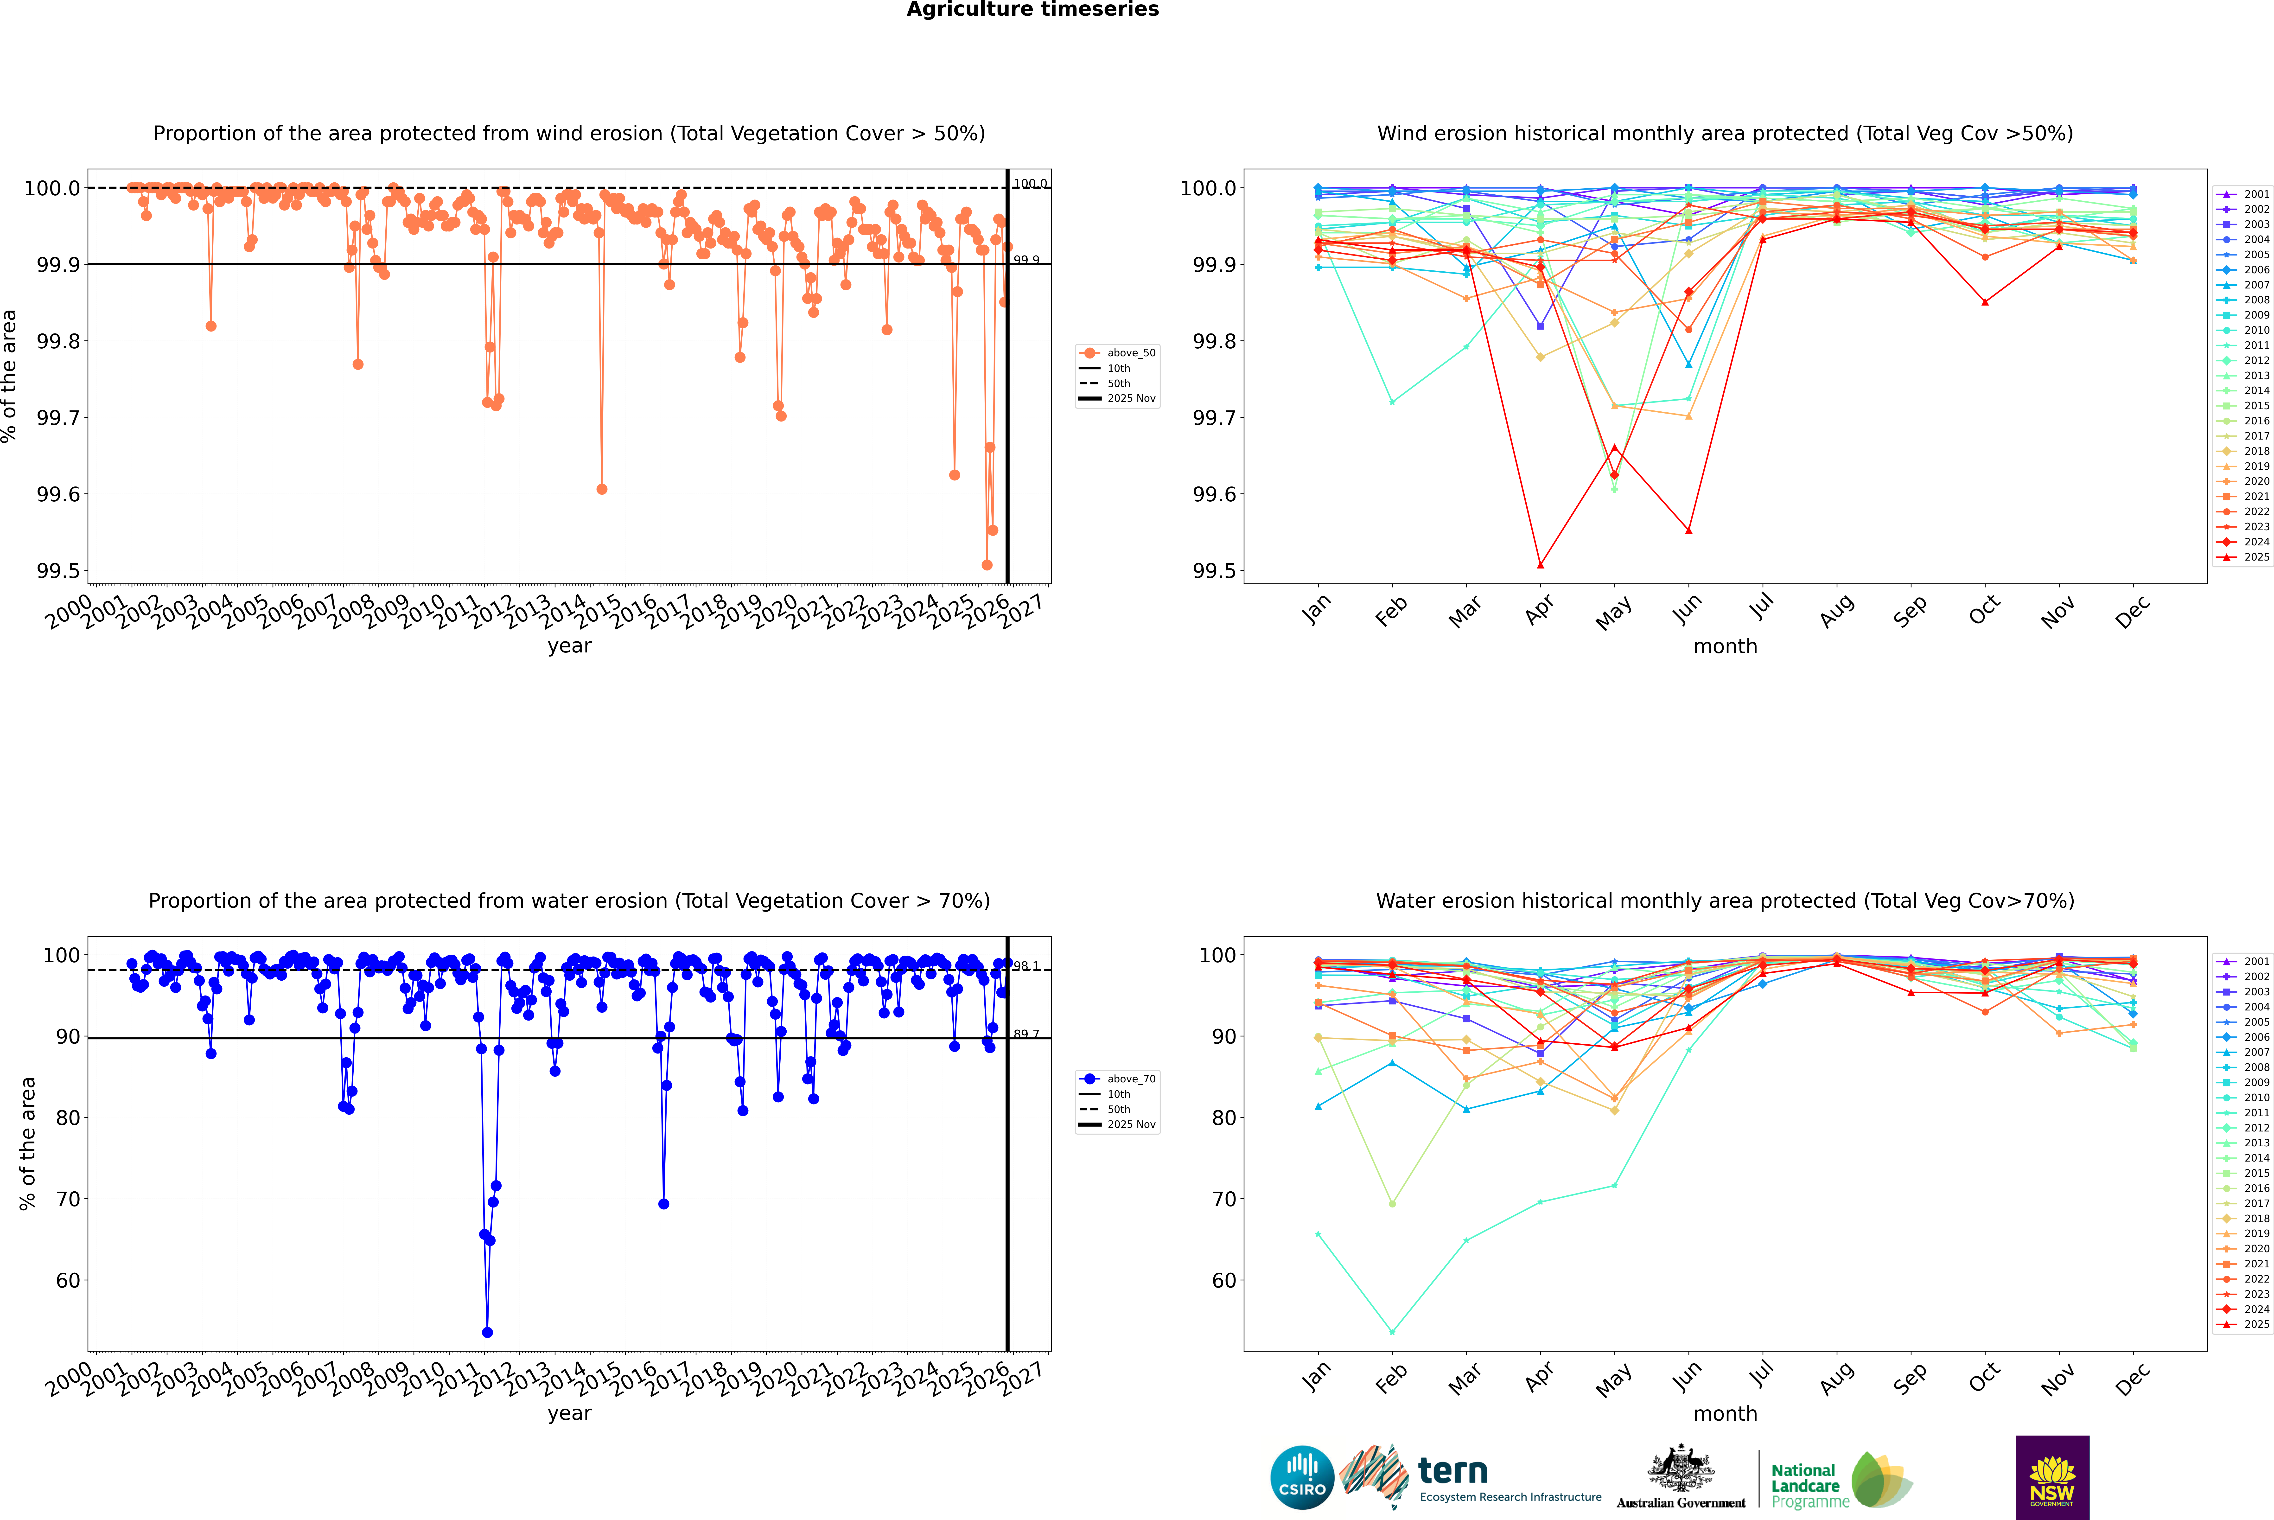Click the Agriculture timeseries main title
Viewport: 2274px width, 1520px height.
[x=1032, y=10]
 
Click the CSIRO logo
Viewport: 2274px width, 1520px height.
[x=1302, y=1477]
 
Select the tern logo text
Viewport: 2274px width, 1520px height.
[x=1452, y=1471]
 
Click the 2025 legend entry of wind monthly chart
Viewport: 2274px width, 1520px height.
[x=2245, y=557]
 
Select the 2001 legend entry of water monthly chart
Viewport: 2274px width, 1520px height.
[x=2245, y=962]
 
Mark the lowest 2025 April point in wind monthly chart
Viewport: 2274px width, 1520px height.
[x=1540, y=564]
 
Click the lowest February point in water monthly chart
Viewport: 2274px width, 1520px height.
[x=1392, y=1332]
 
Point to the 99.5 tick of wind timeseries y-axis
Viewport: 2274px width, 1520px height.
[x=58, y=571]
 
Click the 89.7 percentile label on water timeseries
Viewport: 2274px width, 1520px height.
[x=1026, y=1034]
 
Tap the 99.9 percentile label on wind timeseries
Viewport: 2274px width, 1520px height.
[x=1026, y=260]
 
